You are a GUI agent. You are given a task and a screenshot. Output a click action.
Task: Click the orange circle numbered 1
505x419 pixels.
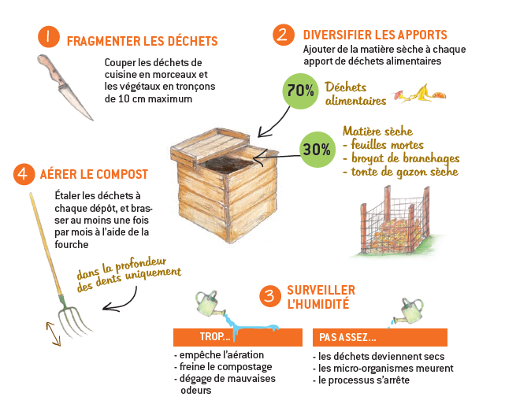pyautogui.click(x=48, y=36)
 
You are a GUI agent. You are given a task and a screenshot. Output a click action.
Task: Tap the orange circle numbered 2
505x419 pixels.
pyautogui.click(x=282, y=35)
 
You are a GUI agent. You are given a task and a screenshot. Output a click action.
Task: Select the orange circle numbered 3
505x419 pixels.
pyautogui.click(x=270, y=295)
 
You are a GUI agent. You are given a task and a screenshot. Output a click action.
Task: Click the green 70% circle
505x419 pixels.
pyautogui.click(x=300, y=91)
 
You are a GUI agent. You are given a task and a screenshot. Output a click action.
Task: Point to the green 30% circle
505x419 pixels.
pyautogui.click(x=317, y=149)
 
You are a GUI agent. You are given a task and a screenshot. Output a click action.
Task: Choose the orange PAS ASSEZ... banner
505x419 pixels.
pyautogui.click(x=380, y=337)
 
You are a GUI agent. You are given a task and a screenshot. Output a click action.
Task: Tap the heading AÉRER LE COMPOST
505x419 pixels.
pyautogui.click(x=93, y=173)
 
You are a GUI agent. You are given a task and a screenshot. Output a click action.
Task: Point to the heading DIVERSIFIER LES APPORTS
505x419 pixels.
pyautogui.click(x=375, y=35)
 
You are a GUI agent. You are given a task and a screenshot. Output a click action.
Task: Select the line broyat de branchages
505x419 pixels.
pyautogui.click(x=400, y=158)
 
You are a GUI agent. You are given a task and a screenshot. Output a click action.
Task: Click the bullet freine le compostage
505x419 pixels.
pyautogui.click(x=223, y=367)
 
